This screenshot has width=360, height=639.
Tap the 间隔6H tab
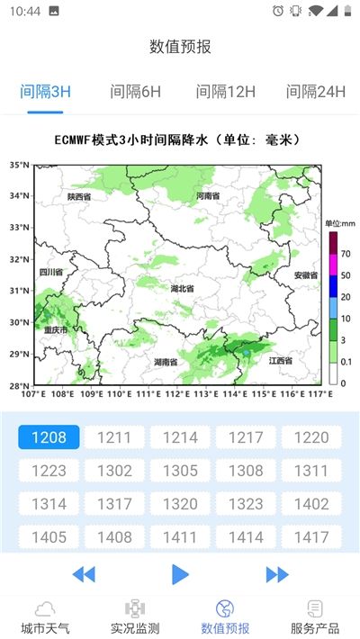click(x=135, y=92)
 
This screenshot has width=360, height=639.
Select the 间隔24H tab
click(x=315, y=92)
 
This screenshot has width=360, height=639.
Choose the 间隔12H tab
click(x=226, y=92)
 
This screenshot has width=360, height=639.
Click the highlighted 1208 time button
click(x=49, y=437)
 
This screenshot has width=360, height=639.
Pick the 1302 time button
click(x=114, y=471)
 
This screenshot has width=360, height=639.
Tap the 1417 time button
click(x=311, y=537)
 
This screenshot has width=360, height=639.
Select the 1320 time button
click(x=180, y=504)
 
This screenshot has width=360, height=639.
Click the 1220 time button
click(x=311, y=437)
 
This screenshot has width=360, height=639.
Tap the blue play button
click(x=180, y=573)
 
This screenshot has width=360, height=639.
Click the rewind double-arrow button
click(x=84, y=573)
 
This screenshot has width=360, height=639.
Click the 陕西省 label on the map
click(x=79, y=196)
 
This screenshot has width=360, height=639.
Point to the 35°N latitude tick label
click(x=19, y=166)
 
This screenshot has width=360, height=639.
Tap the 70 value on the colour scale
click(x=345, y=254)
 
